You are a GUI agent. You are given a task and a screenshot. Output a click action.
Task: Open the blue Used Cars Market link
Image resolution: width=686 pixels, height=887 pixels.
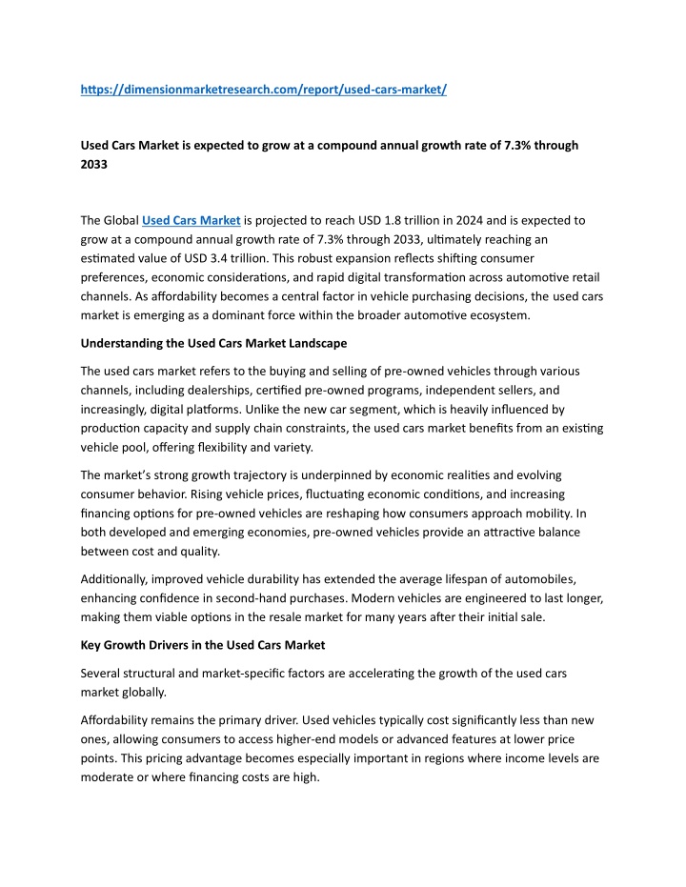tap(191, 220)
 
